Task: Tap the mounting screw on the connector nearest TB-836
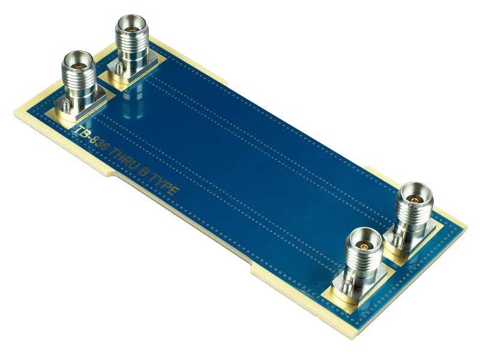64,106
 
